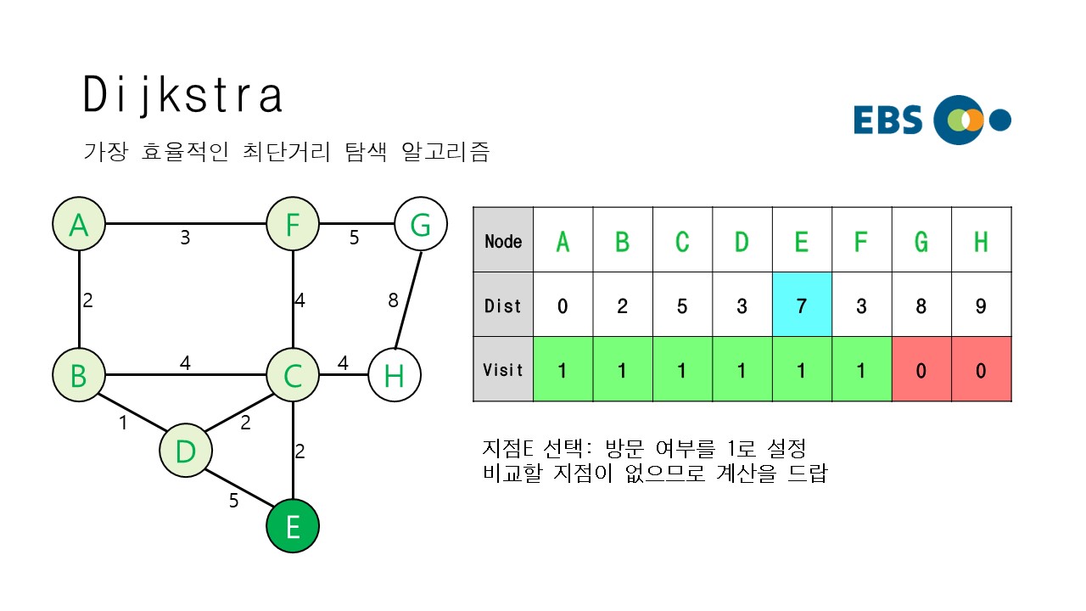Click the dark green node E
point(293,525)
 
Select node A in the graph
point(79,225)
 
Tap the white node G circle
point(421,225)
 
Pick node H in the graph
point(395,374)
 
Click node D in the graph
point(185,451)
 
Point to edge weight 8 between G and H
point(392,300)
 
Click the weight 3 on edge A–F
point(185,238)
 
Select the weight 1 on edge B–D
point(123,422)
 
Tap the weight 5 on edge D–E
point(233,501)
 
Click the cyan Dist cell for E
point(802,305)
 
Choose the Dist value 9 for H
point(981,305)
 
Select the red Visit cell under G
point(921,370)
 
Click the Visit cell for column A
point(563,370)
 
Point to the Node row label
point(503,241)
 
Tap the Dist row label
point(503,305)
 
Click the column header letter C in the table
point(682,242)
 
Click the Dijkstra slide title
point(182,96)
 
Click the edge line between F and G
point(357,225)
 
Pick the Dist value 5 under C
point(682,305)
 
